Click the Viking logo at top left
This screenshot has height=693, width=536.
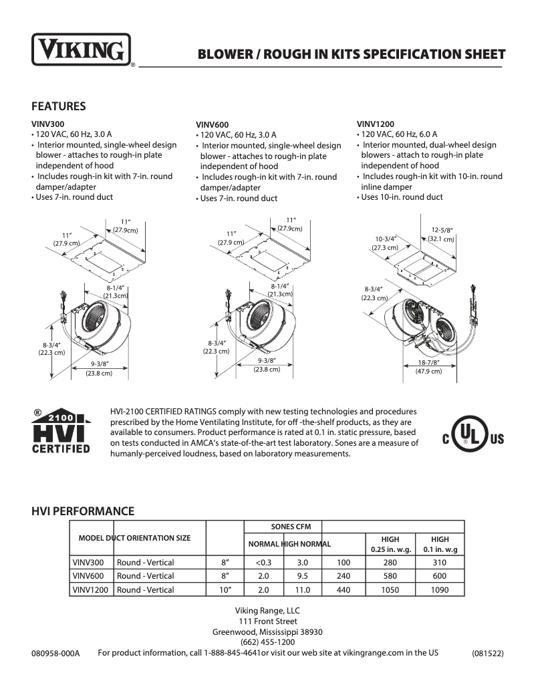(81, 49)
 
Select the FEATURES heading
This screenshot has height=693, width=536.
(59, 106)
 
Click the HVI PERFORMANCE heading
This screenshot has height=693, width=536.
(83, 511)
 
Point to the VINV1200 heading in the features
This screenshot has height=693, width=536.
(375, 123)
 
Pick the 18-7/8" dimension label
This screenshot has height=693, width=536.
(428, 363)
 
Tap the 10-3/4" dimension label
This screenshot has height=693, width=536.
(386, 239)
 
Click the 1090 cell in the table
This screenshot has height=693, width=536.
(439, 590)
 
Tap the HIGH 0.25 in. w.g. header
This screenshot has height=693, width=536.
(390, 545)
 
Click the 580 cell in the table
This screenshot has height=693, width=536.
(390, 576)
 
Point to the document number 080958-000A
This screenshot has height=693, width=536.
(55, 654)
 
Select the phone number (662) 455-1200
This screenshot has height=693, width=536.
(267, 642)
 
